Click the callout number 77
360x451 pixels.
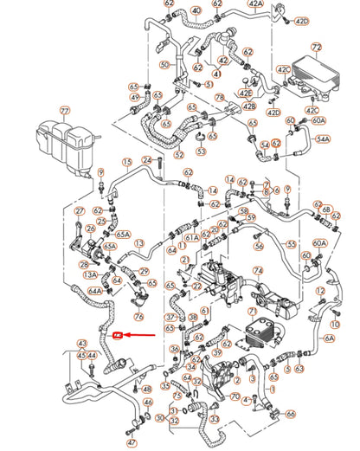pyautogui.click(x=63, y=112)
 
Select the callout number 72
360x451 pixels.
pyautogui.click(x=317, y=46)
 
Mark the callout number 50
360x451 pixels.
pyautogui.click(x=164, y=65)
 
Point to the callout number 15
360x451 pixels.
pyautogui.click(x=127, y=162)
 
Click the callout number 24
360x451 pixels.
pyautogui.click(x=147, y=161)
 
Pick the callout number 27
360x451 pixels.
pyautogui.click(x=80, y=210)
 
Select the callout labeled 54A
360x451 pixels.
pyautogui.click(x=323, y=138)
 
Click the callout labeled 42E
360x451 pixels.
pyautogui.click(x=246, y=93)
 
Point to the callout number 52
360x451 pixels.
pyautogui.click(x=179, y=155)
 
